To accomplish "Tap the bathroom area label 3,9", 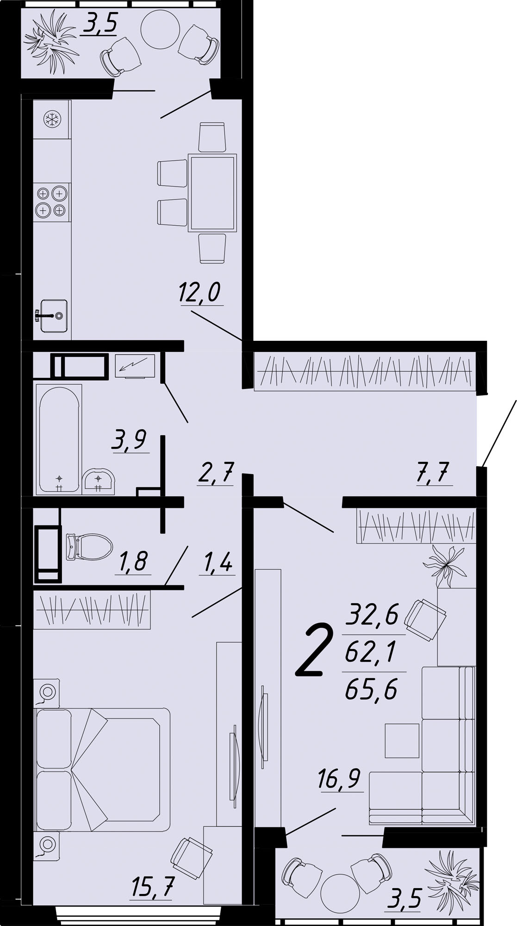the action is [x=129, y=439].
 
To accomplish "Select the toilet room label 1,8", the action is [x=133, y=562].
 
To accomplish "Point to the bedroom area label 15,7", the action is [x=152, y=887].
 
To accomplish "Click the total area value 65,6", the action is [x=371, y=691].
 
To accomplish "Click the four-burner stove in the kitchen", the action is [x=51, y=201].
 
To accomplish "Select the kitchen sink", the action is [x=53, y=316].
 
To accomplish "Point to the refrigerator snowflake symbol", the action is [x=52, y=120].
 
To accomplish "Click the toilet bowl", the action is [x=89, y=547].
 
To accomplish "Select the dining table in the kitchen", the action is [x=212, y=193].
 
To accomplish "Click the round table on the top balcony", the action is [x=159, y=29].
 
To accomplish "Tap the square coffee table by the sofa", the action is [x=402, y=740].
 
